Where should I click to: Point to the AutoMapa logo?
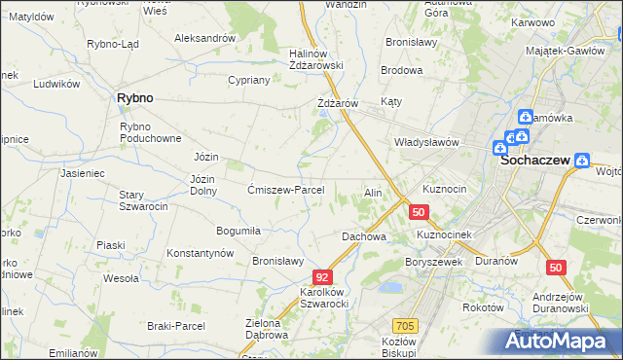click(559, 342)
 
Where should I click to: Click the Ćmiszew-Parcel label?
click(292, 190)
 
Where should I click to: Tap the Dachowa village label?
click(364, 236)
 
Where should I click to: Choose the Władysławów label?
click(425, 142)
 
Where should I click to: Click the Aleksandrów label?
click(204, 38)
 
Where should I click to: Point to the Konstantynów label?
click(201, 253)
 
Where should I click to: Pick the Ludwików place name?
click(55, 84)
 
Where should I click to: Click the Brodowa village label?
click(401, 71)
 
